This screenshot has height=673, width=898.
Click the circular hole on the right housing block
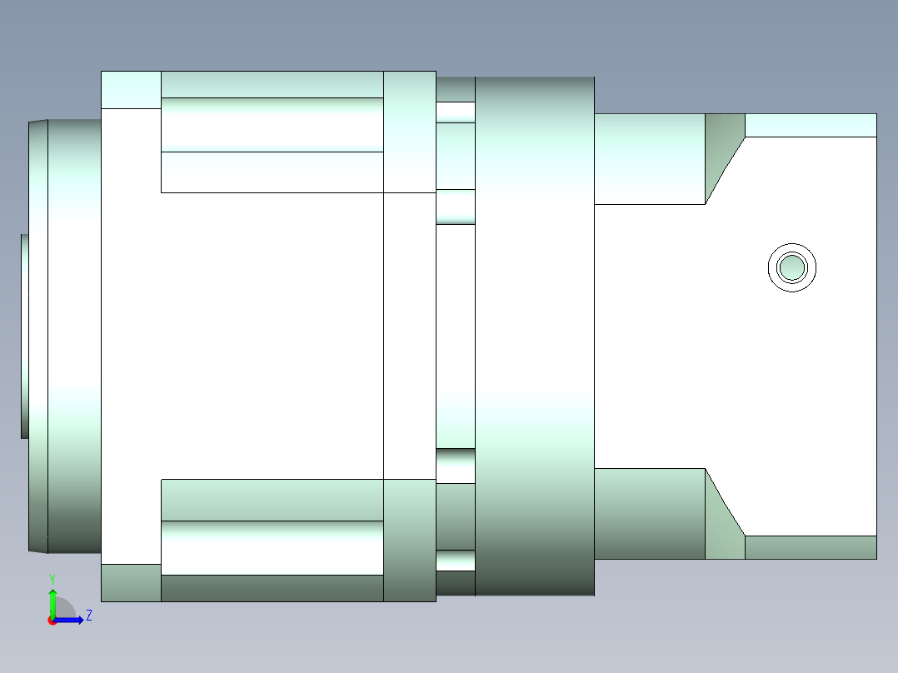coord(792,267)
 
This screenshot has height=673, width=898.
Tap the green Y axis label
coord(52,579)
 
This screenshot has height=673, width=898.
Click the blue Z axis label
coord(89,616)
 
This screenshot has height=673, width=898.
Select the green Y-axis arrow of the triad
coord(52,601)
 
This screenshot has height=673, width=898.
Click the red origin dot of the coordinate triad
coord(52,621)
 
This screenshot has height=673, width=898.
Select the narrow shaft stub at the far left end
coord(25,336)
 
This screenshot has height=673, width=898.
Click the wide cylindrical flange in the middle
coord(535,336)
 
